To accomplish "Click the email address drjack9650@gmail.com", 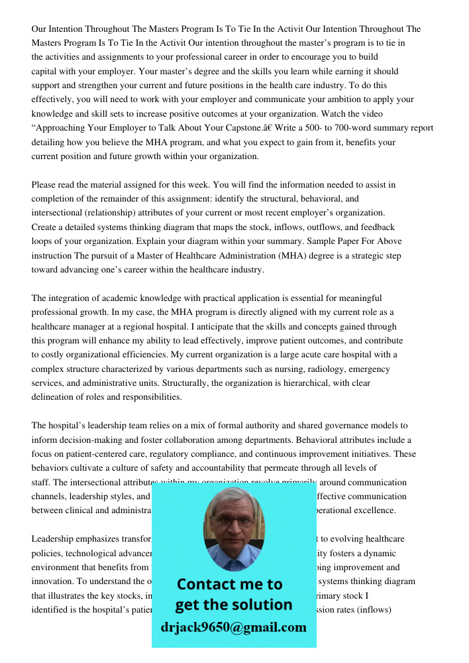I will click(233, 627).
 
